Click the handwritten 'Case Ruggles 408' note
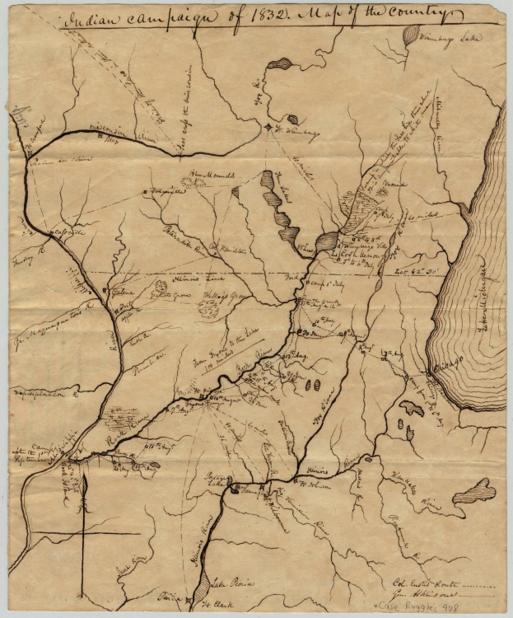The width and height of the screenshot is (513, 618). pos(466,607)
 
